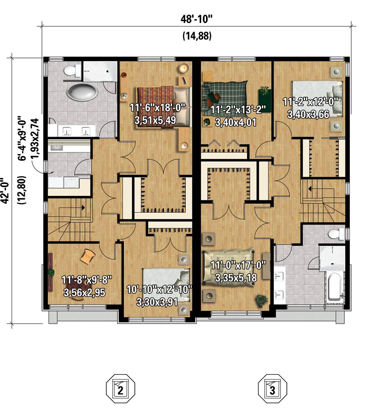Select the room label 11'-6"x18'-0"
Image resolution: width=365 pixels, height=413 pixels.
click(158, 107)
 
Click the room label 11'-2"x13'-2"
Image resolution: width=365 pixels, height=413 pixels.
click(238, 110)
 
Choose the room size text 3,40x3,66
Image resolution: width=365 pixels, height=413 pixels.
click(308, 114)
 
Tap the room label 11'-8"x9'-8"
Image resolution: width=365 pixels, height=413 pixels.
click(87, 280)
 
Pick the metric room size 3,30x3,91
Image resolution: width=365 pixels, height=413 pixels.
click(157, 302)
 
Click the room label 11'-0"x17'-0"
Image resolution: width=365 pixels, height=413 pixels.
click(238, 265)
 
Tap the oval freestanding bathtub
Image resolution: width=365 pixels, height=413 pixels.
click(82, 92)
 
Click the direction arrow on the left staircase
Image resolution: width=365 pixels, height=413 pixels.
click(83, 208)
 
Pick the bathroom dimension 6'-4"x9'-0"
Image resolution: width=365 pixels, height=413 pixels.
click(23, 138)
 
